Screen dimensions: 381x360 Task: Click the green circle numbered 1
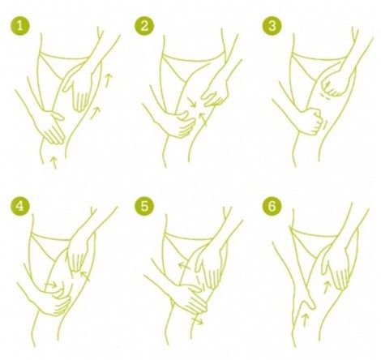click(19, 26)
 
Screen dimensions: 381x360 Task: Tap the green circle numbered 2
click(144, 26)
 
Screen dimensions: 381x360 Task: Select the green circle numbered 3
click(272, 26)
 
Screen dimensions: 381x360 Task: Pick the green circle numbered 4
click(19, 206)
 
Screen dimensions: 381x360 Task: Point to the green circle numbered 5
click(144, 206)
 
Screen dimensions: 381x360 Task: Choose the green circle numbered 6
click(272, 206)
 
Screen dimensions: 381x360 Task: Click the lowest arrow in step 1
click(54, 161)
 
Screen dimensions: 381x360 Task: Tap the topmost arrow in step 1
click(108, 80)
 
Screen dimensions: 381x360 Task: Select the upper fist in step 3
click(334, 85)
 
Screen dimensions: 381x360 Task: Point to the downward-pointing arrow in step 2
click(191, 102)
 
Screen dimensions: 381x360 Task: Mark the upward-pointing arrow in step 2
click(203, 119)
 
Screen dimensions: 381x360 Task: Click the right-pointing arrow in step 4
click(51, 285)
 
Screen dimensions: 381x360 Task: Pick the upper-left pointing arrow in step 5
click(184, 266)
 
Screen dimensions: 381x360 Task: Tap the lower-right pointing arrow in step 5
click(197, 321)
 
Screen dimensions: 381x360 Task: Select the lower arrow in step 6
click(305, 319)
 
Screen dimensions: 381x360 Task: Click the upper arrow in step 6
click(327, 287)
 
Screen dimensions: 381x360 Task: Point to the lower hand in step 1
click(53, 126)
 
